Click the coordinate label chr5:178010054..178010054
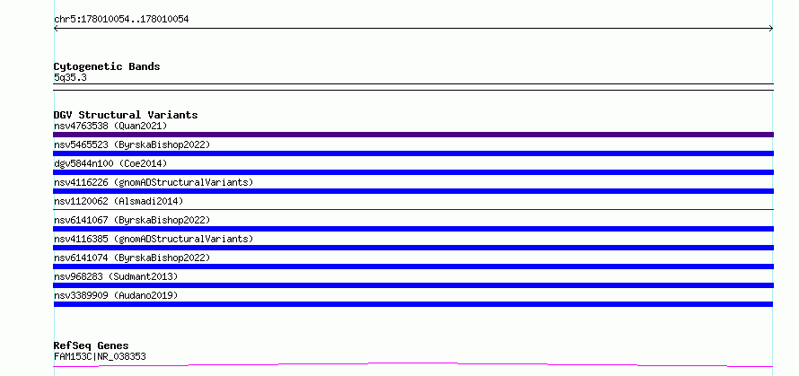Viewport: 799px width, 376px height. (121, 20)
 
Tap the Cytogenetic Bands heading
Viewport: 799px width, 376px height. (107, 66)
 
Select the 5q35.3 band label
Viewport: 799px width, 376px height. (70, 77)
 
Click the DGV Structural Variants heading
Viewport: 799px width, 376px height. (126, 115)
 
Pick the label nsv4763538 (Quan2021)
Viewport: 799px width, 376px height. (110, 126)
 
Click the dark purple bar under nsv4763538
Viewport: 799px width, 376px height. (413, 135)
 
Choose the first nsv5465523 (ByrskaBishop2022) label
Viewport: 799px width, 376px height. (132, 144)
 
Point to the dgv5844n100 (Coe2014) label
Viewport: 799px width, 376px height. (110, 163)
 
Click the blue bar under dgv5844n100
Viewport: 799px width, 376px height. (413, 172)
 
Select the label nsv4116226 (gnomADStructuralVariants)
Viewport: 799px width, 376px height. (154, 182)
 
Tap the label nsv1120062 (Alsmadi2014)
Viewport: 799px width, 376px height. (119, 201)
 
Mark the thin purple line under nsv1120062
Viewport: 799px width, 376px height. (413, 209)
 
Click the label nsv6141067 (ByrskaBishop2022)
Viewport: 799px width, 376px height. (132, 220)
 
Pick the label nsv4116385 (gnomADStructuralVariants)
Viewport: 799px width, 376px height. (154, 239)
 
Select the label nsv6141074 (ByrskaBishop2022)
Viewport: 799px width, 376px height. (132, 258)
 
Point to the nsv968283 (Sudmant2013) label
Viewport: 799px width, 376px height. (116, 276)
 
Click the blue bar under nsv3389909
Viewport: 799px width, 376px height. (413, 304)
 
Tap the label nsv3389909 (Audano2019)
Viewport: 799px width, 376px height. (116, 295)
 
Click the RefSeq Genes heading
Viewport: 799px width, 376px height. (91, 345)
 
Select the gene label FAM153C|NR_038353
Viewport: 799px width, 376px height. (100, 356)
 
